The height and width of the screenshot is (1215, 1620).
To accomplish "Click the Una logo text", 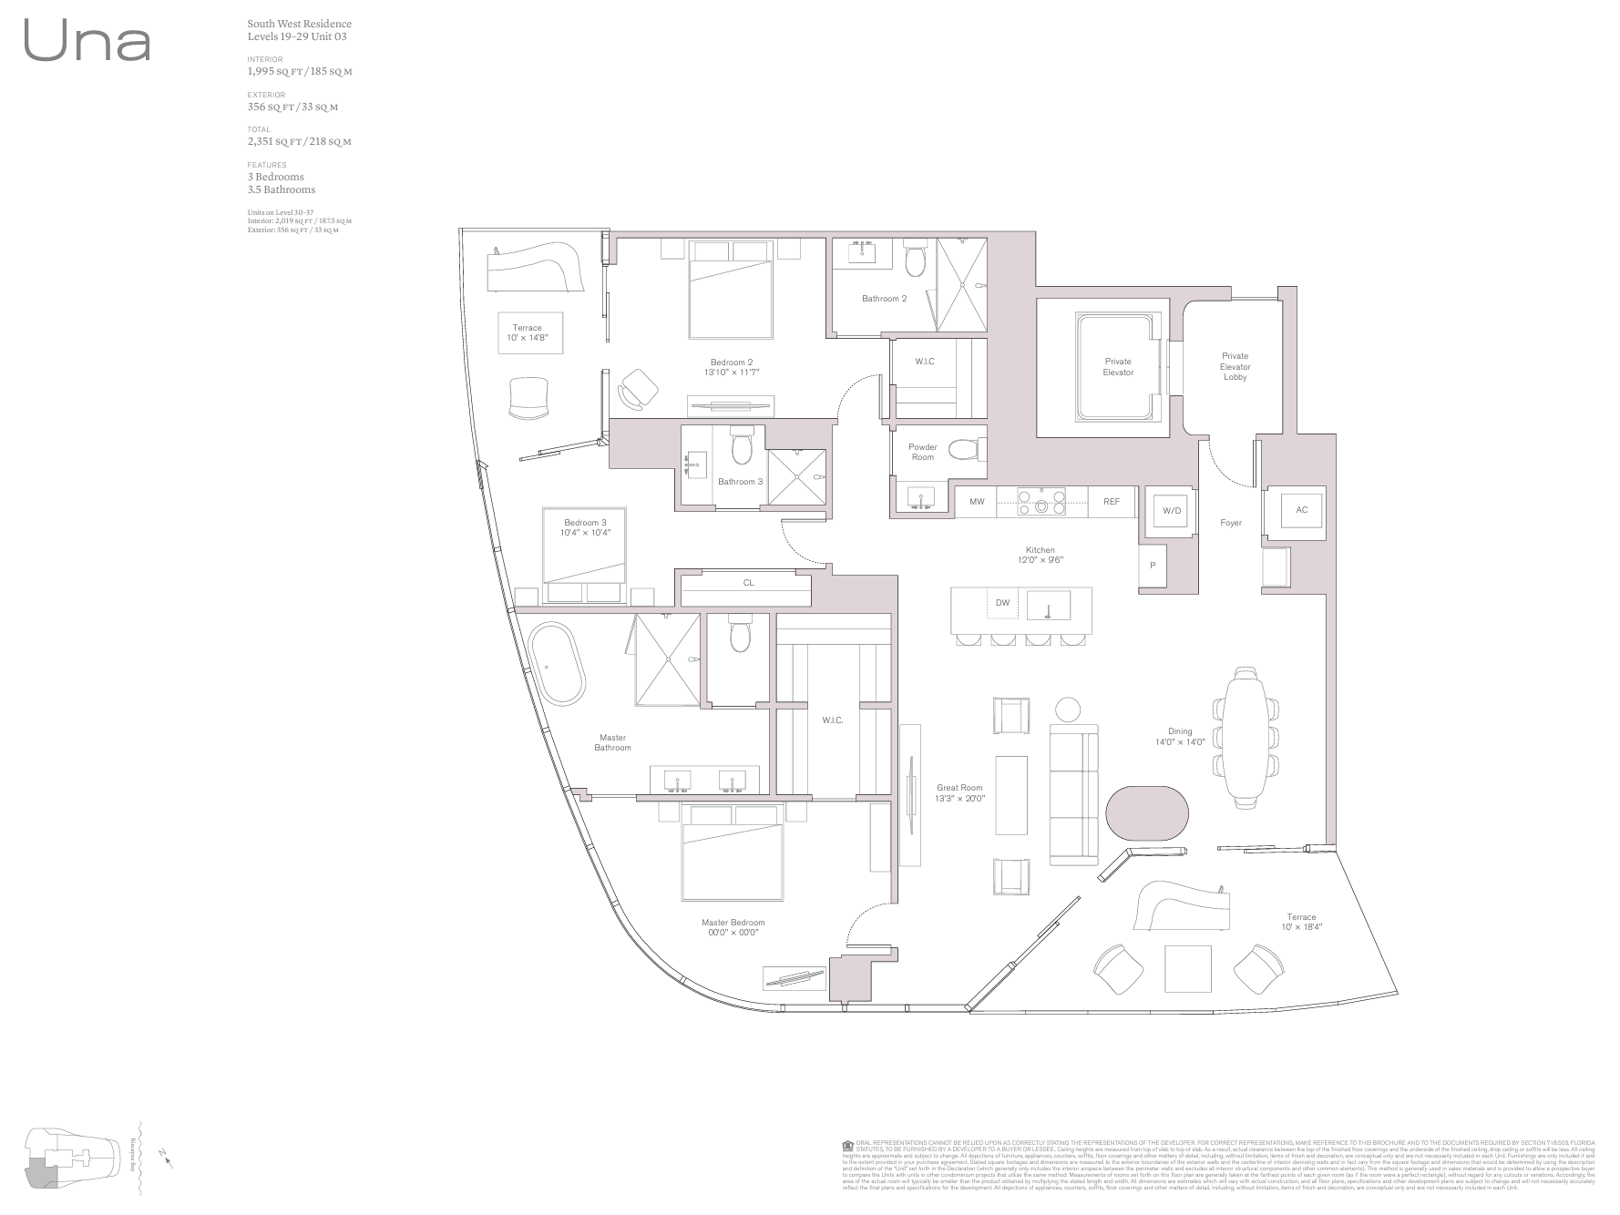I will click(87, 42).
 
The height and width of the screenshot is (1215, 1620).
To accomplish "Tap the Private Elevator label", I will click(1118, 367).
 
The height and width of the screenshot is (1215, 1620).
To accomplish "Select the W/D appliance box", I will click(1171, 511).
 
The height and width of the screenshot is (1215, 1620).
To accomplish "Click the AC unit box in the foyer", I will click(1301, 510).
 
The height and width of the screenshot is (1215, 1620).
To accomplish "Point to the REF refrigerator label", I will click(1111, 502).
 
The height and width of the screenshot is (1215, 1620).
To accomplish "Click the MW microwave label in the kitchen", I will click(977, 502).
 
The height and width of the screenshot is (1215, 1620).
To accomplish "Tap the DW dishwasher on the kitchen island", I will click(1002, 603).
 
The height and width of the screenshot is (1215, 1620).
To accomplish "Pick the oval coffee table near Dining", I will click(1147, 812).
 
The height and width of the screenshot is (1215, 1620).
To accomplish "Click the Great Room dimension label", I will click(959, 793).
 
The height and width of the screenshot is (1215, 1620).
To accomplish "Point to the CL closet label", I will click(748, 583).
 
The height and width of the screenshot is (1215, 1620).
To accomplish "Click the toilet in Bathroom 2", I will click(915, 261).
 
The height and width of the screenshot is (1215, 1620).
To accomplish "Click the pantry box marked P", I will click(1153, 567).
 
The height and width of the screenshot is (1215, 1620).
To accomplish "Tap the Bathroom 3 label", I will click(740, 482).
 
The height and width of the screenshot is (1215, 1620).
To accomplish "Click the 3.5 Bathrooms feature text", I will click(281, 190).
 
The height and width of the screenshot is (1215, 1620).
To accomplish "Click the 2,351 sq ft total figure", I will click(299, 142).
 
